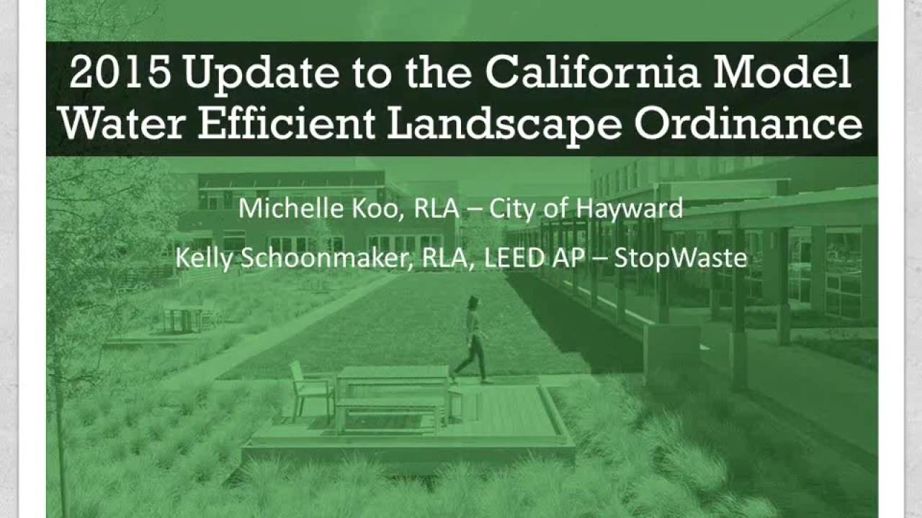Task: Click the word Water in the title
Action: (x=122, y=124)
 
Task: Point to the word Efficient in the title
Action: (x=286, y=124)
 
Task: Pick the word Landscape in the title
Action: (x=503, y=124)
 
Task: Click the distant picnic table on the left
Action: (x=183, y=318)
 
